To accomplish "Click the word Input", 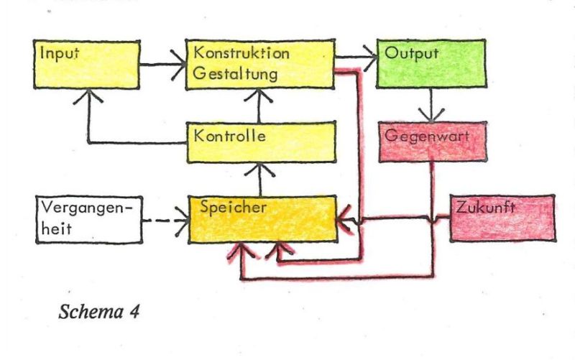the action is [60, 53].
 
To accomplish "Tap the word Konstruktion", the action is [241, 52].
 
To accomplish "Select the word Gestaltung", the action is [235, 74].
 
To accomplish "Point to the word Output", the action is [411, 53].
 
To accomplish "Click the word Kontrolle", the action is [229, 136].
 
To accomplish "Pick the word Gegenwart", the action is [427, 137].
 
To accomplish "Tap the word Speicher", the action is [233, 208].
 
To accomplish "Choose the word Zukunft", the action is [486, 208].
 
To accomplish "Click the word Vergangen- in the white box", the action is [86, 208].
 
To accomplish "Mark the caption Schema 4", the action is [99, 312].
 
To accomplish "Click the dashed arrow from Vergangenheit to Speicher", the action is [165, 221].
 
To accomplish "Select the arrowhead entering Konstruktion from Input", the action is [178, 65].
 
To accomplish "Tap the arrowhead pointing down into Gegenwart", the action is [431, 115].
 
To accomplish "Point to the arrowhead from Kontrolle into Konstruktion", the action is [259, 96].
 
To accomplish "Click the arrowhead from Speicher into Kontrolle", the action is [260, 170].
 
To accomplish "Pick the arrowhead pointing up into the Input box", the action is [88, 96].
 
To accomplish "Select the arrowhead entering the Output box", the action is [370, 57].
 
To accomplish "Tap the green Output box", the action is [431, 64].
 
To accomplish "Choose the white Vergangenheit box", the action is [89, 220].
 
